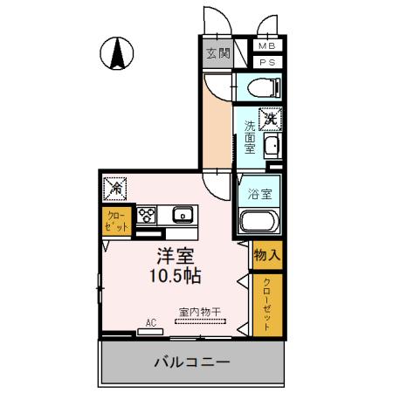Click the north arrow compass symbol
115,54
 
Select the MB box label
267,46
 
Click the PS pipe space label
267,62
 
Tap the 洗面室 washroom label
249,138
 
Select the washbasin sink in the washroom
271,147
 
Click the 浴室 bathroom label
259,193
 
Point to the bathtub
259,222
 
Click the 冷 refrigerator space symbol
115,187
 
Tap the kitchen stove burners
145,215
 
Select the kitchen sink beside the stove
183,214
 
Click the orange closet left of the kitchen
115,220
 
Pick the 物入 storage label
266,256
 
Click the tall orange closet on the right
266,303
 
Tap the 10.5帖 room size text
175,277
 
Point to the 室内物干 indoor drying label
200,311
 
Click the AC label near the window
150,323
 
